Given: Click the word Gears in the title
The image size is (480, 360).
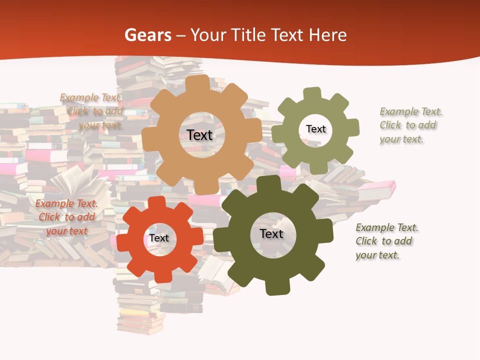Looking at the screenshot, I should (x=147, y=35).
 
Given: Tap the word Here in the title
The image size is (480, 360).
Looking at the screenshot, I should (x=327, y=35).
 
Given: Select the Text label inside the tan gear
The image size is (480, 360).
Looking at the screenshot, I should (x=199, y=135).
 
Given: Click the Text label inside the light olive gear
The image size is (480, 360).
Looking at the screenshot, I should (x=315, y=129).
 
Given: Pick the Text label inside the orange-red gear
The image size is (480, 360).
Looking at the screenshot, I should (x=159, y=238).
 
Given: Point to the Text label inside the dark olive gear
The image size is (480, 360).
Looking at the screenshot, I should (x=271, y=234).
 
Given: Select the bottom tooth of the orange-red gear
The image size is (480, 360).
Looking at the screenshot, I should (x=161, y=275).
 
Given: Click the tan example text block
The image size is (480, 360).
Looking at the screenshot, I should (x=92, y=111).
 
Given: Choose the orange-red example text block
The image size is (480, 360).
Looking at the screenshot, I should (x=66, y=217).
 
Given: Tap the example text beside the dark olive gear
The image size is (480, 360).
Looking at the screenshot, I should (x=386, y=241).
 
